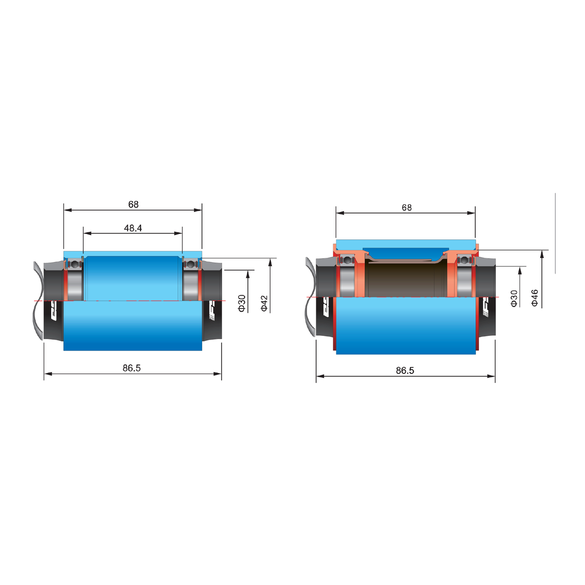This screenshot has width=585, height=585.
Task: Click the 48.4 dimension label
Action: pyautogui.click(x=133, y=228)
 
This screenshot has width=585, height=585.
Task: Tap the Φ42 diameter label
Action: pyautogui.click(x=264, y=303)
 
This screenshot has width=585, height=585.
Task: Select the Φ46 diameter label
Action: pyautogui.click(x=535, y=298)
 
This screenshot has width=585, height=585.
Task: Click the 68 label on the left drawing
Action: pyautogui.click(x=133, y=204)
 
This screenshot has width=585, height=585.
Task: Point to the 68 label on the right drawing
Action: pyautogui.click(x=406, y=207)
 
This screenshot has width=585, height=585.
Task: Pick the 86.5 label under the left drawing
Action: pyautogui.click(x=132, y=368)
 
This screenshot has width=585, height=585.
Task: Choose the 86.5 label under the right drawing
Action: pyautogui.click(x=404, y=370)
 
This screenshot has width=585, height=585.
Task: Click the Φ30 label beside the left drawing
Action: pyautogui.click(x=242, y=303)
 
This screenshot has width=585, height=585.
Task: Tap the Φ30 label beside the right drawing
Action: pyautogui.click(x=514, y=298)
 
